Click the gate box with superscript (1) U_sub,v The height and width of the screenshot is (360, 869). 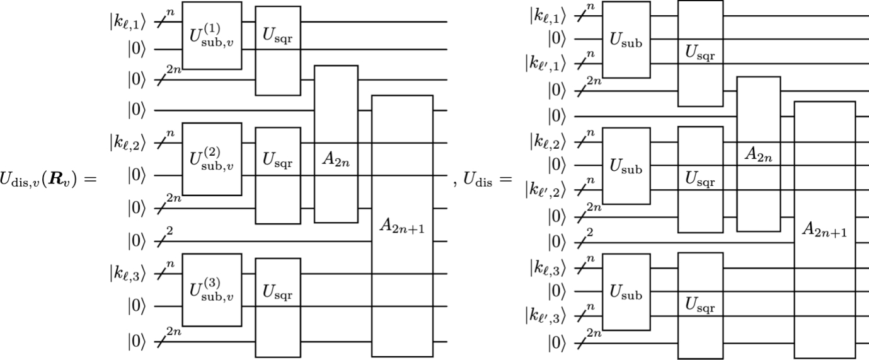(212, 35)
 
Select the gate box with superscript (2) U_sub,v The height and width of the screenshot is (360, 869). (212, 159)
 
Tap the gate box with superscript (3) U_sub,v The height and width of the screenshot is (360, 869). (212, 289)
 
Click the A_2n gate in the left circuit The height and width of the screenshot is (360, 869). (336, 144)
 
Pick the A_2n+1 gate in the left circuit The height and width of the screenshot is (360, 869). (402, 226)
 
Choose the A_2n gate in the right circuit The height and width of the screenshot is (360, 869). (758, 154)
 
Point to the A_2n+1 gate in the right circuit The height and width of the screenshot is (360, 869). (824, 229)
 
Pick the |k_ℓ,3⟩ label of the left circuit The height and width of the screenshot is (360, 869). (129, 274)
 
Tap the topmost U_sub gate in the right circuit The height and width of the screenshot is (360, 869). (626, 39)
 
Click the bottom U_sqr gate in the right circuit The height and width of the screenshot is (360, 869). (700, 305)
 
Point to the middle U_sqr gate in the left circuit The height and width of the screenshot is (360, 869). (278, 175)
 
